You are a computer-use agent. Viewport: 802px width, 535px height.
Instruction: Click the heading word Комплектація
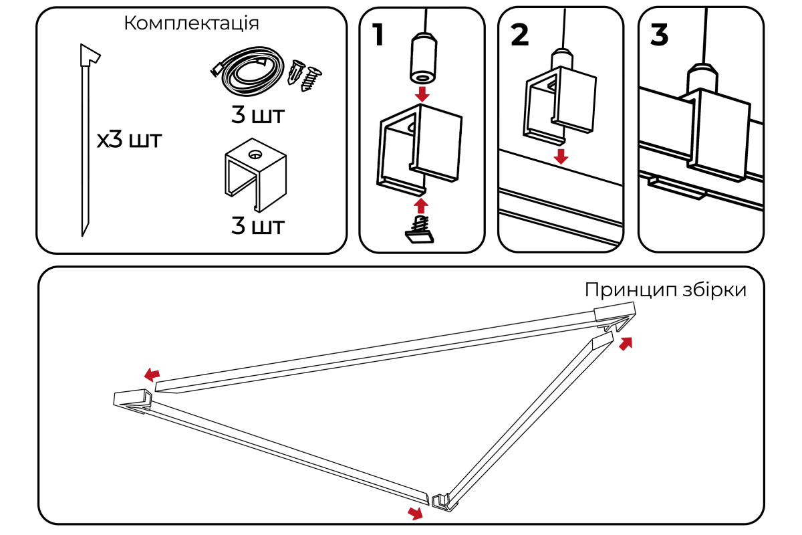(192, 23)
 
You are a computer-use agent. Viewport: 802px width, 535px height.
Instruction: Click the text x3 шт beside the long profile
(129, 141)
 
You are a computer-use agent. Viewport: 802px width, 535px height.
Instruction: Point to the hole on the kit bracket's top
(255, 154)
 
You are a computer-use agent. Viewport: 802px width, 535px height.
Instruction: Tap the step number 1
(378, 35)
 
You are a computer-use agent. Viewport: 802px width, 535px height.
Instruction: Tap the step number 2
(519, 35)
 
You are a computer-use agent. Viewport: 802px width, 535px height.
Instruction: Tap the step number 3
(659, 35)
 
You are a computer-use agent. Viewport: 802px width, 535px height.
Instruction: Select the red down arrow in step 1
(422, 93)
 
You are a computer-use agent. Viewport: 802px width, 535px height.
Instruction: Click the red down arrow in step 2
(561, 156)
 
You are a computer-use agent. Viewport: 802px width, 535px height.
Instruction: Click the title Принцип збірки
(665, 290)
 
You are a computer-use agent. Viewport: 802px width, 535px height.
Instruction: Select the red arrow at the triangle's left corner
(152, 373)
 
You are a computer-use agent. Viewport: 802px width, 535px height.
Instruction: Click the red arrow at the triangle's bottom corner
(416, 513)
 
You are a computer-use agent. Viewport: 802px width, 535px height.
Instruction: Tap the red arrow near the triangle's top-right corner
(626, 344)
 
